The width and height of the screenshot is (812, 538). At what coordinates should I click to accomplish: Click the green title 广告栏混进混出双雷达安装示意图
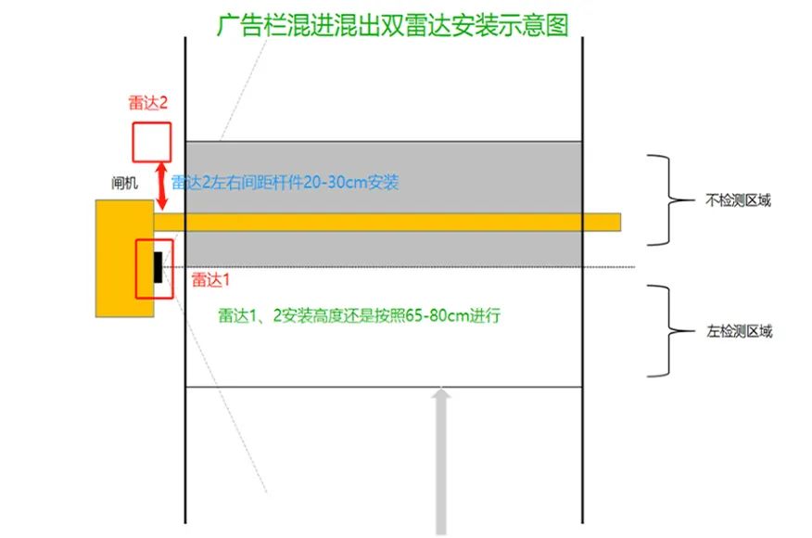[392, 25]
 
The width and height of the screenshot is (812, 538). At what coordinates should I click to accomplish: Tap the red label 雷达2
[148, 103]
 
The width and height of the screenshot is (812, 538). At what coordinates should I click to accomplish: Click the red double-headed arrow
[162, 186]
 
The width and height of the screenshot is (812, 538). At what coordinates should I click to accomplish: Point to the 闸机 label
[124, 183]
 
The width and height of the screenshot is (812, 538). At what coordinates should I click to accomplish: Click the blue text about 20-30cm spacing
[285, 183]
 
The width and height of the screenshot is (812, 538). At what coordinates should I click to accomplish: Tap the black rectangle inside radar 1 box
[158, 267]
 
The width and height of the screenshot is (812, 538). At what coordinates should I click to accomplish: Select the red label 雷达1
[210, 280]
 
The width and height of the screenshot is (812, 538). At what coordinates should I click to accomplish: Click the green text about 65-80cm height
[360, 315]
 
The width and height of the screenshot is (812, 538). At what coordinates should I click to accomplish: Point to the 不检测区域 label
[738, 200]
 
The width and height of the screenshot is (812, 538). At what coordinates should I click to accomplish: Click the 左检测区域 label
[739, 331]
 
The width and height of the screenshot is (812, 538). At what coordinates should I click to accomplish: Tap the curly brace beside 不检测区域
[669, 200]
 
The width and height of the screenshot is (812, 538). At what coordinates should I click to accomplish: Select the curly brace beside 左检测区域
[669, 330]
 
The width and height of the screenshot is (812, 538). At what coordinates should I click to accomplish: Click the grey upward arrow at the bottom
[440, 461]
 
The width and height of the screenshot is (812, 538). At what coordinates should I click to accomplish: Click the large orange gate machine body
[124, 258]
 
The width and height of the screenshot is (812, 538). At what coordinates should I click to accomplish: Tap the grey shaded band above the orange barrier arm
[384, 177]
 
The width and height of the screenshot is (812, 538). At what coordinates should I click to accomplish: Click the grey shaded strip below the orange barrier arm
[384, 249]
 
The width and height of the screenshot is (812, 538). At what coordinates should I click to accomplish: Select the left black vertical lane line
[185, 280]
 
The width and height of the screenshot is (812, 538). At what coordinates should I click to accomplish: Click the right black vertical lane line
[583, 280]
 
